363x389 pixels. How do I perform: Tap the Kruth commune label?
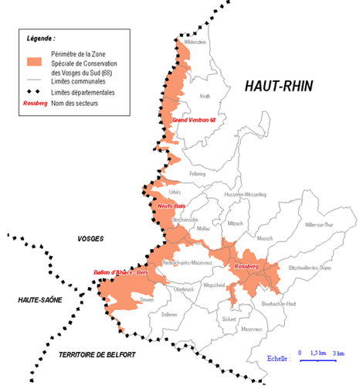click(205, 97)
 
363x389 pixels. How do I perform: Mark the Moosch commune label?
click(264, 239)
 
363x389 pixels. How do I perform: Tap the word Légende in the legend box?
click(40, 37)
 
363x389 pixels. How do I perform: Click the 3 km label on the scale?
click(338, 353)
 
